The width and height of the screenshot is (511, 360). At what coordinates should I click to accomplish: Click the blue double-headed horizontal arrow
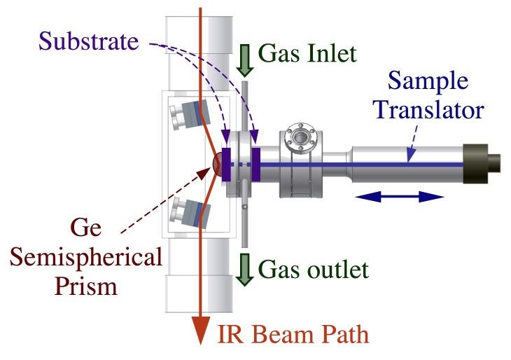tap(399, 198)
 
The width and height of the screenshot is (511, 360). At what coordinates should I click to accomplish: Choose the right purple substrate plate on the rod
tap(256, 164)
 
